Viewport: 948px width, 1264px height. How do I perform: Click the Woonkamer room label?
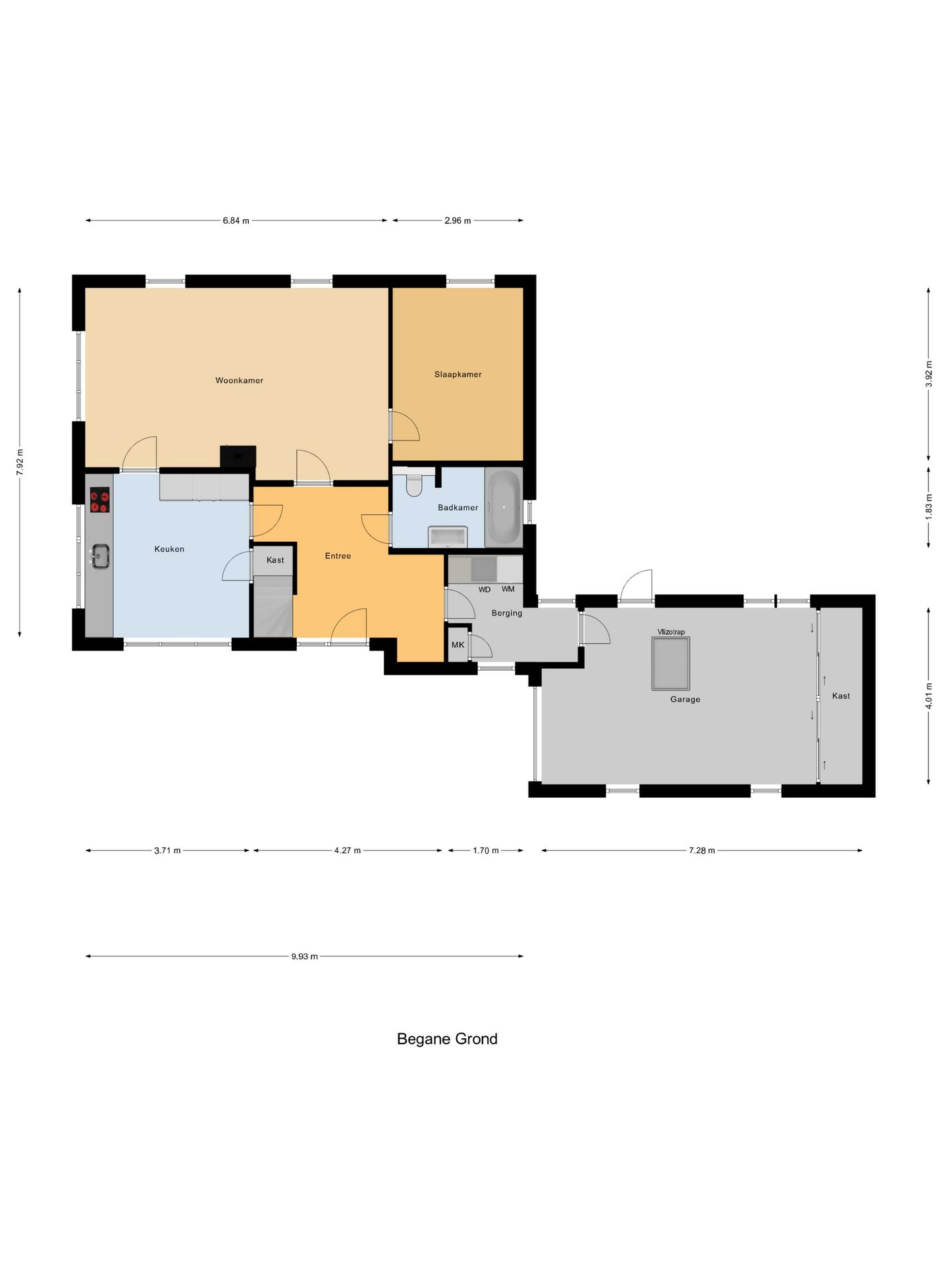tap(239, 381)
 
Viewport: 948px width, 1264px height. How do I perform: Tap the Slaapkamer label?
tap(458, 375)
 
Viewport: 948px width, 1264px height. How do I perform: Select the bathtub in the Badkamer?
tap(504, 507)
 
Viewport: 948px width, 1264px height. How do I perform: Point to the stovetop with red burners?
tap(100, 500)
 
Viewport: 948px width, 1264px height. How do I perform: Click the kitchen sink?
tap(100, 556)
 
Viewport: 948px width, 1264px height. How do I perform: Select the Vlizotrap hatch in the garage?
tap(671, 664)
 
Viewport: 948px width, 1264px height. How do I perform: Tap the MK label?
tap(458, 645)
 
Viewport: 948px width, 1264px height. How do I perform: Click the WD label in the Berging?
tap(485, 590)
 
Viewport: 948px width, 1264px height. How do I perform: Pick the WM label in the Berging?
tap(508, 589)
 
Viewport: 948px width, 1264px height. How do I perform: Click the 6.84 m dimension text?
tap(236, 221)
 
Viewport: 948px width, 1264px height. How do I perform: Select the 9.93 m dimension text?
tap(304, 957)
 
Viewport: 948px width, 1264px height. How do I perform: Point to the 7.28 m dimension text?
tap(702, 851)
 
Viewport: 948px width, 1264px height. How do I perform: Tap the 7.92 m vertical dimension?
tap(20, 462)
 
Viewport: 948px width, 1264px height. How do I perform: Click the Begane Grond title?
tap(447, 1039)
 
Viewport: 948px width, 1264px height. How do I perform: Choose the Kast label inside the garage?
tap(841, 696)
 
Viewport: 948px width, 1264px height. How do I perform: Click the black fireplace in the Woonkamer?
tap(238, 456)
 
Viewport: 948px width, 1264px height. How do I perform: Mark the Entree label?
tap(338, 556)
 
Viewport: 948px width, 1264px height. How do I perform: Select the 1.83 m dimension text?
tap(929, 507)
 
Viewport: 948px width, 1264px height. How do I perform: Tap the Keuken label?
tap(169, 549)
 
